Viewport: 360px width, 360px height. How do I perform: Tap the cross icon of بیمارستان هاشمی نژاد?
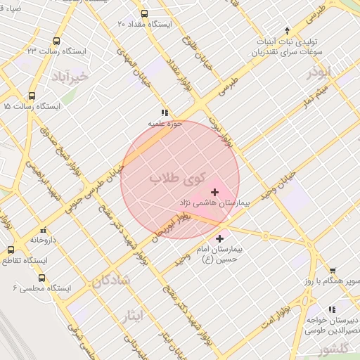tap(214, 192)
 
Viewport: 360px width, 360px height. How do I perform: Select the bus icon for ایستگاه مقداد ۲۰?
tap(144, 13)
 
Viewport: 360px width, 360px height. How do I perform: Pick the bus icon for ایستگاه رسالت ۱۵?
tap(32, 96)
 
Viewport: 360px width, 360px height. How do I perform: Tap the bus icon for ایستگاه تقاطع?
tap(11, 250)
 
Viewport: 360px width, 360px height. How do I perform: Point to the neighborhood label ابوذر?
tap(319, 72)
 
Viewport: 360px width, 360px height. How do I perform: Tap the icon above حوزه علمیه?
tap(165, 112)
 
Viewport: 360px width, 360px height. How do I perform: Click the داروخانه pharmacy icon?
tap(44, 230)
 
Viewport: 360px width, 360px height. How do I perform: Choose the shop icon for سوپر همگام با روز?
tap(333, 271)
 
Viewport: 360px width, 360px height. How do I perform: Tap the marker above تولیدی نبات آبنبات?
tap(287, 30)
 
